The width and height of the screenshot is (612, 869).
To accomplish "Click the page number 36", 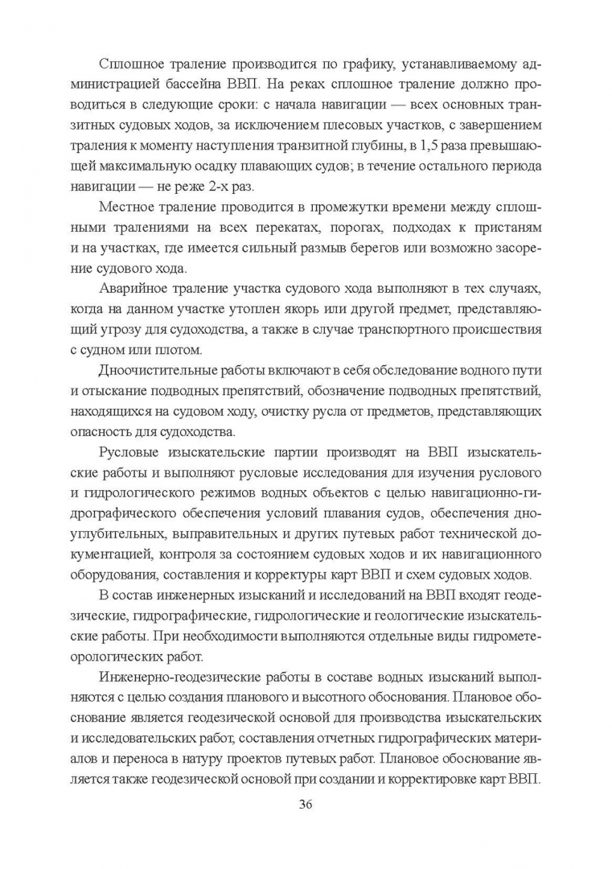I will tap(306, 805).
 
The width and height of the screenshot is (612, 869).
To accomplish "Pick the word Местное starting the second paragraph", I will tap(128, 208).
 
